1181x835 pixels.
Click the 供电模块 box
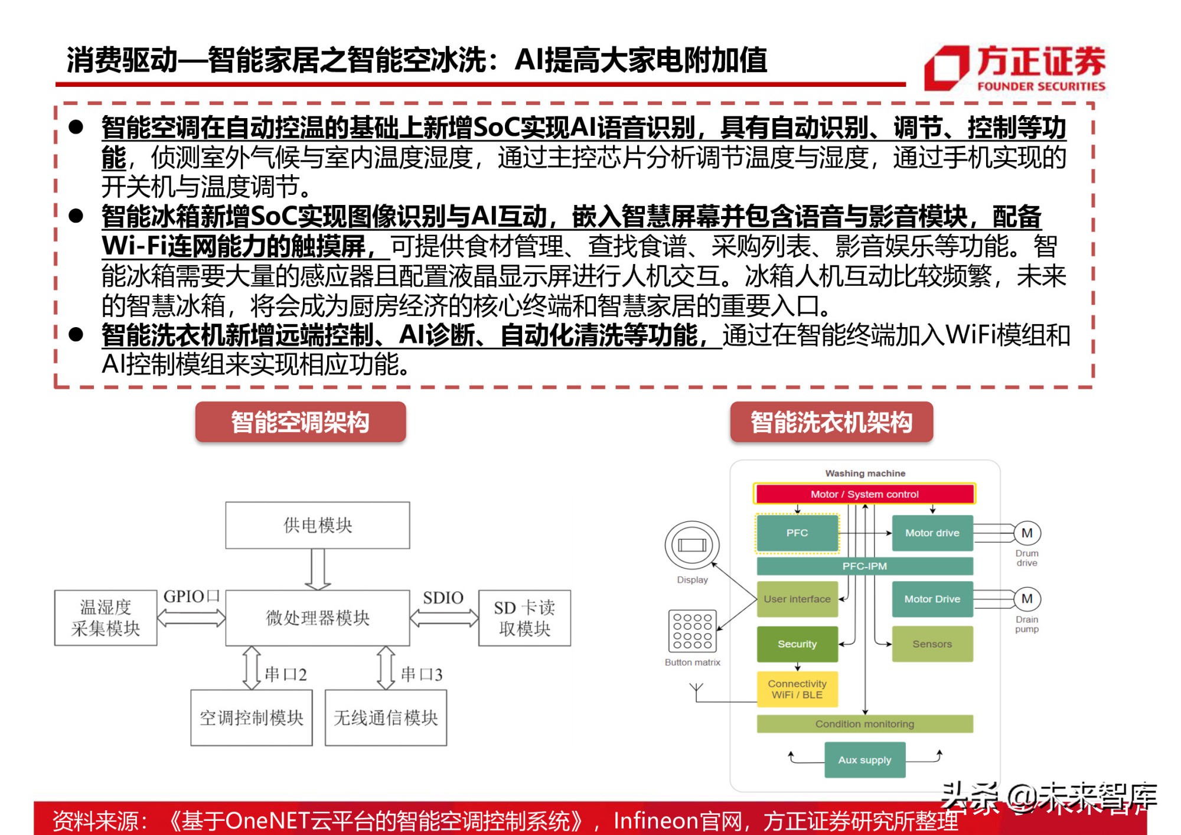coord(318,525)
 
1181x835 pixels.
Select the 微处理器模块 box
coord(318,618)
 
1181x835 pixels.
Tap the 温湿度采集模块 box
coord(106,618)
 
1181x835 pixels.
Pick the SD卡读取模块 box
coord(524,618)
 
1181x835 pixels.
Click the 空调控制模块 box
coord(252,717)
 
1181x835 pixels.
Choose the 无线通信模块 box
coord(386,717)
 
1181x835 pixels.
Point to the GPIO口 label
coord(191,596)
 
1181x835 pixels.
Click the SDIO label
coord(443,598)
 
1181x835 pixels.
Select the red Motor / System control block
coord(864,494)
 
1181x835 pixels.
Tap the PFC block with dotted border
coord(797,533)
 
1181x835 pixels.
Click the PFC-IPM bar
coord(864,566)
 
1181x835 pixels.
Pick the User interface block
coord(797,599)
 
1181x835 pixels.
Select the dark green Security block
coord(797,644)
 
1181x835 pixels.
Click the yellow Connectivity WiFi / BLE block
coord(797,689)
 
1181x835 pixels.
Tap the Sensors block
coord(932,644)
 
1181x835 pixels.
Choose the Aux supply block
coord(864,760)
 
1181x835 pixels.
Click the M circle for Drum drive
coord(1027,533)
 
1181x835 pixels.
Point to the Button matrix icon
coord(693,631)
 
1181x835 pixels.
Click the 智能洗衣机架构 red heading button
coord(831,422)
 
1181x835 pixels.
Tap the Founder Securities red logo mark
coord(947,68)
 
